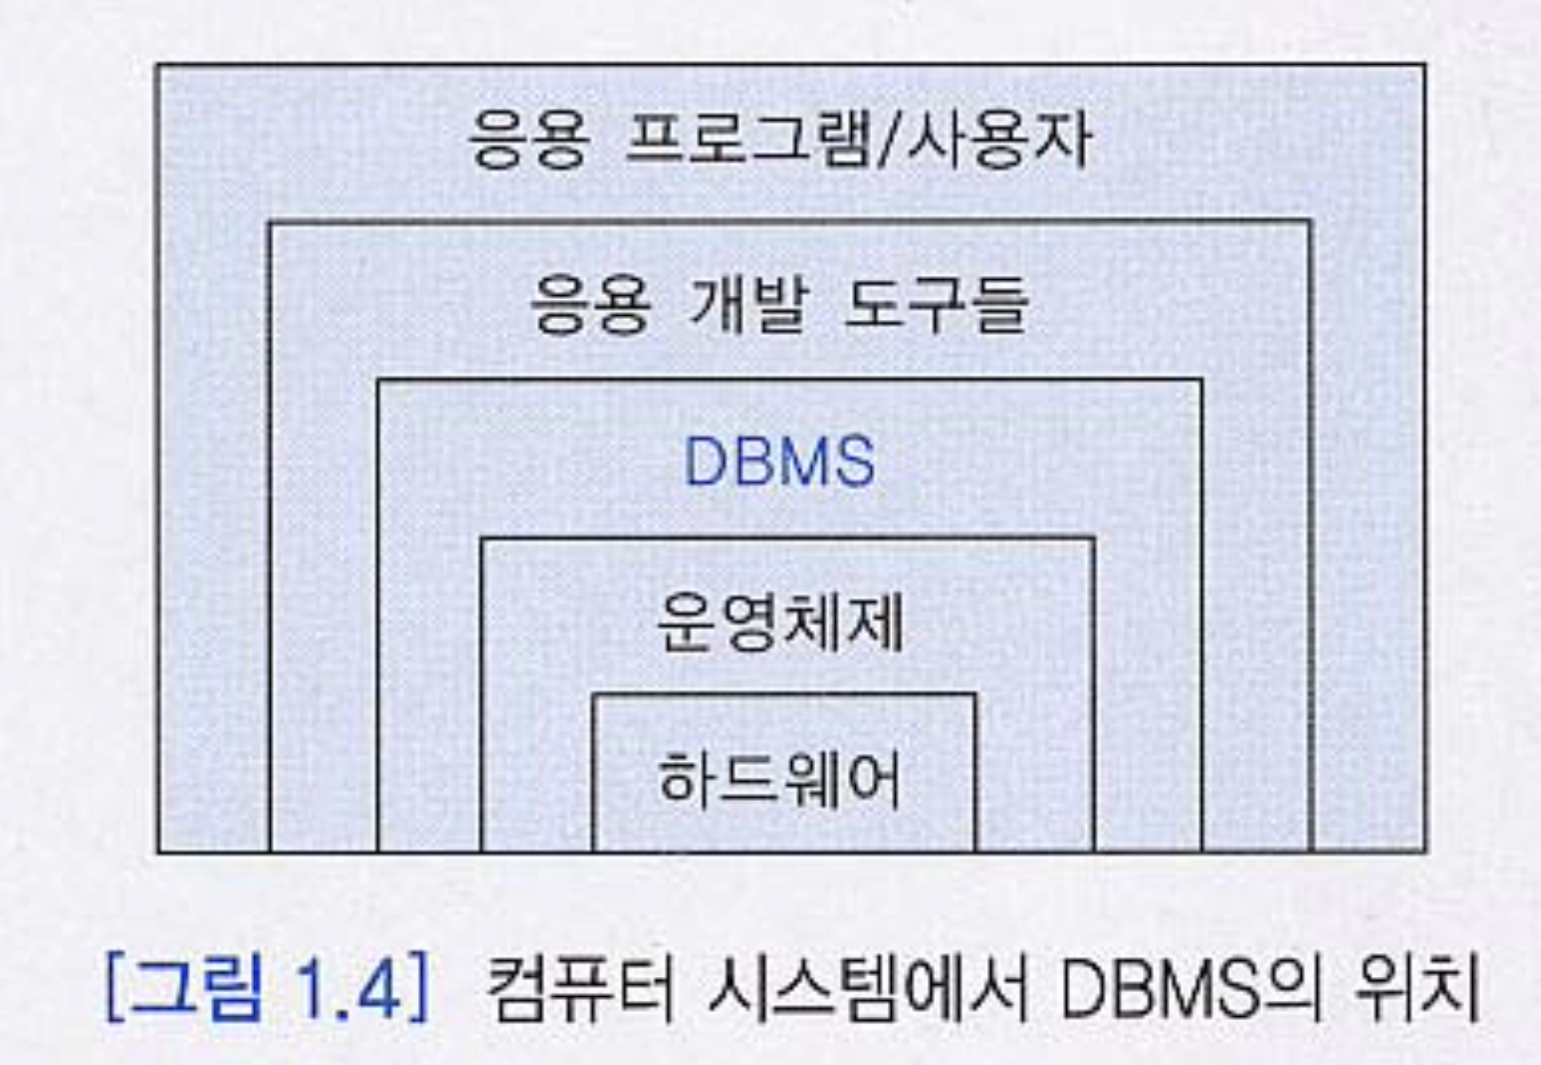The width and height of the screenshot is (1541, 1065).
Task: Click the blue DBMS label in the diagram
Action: click(x=779, y=461)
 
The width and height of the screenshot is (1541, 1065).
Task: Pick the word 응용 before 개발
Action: click(x=590, y=305)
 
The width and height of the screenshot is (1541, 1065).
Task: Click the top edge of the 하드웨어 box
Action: click(x=784, y=694)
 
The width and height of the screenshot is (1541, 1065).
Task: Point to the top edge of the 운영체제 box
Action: click(x=787, y=540)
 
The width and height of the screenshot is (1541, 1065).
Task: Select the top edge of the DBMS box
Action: click(x=789, y=381)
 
